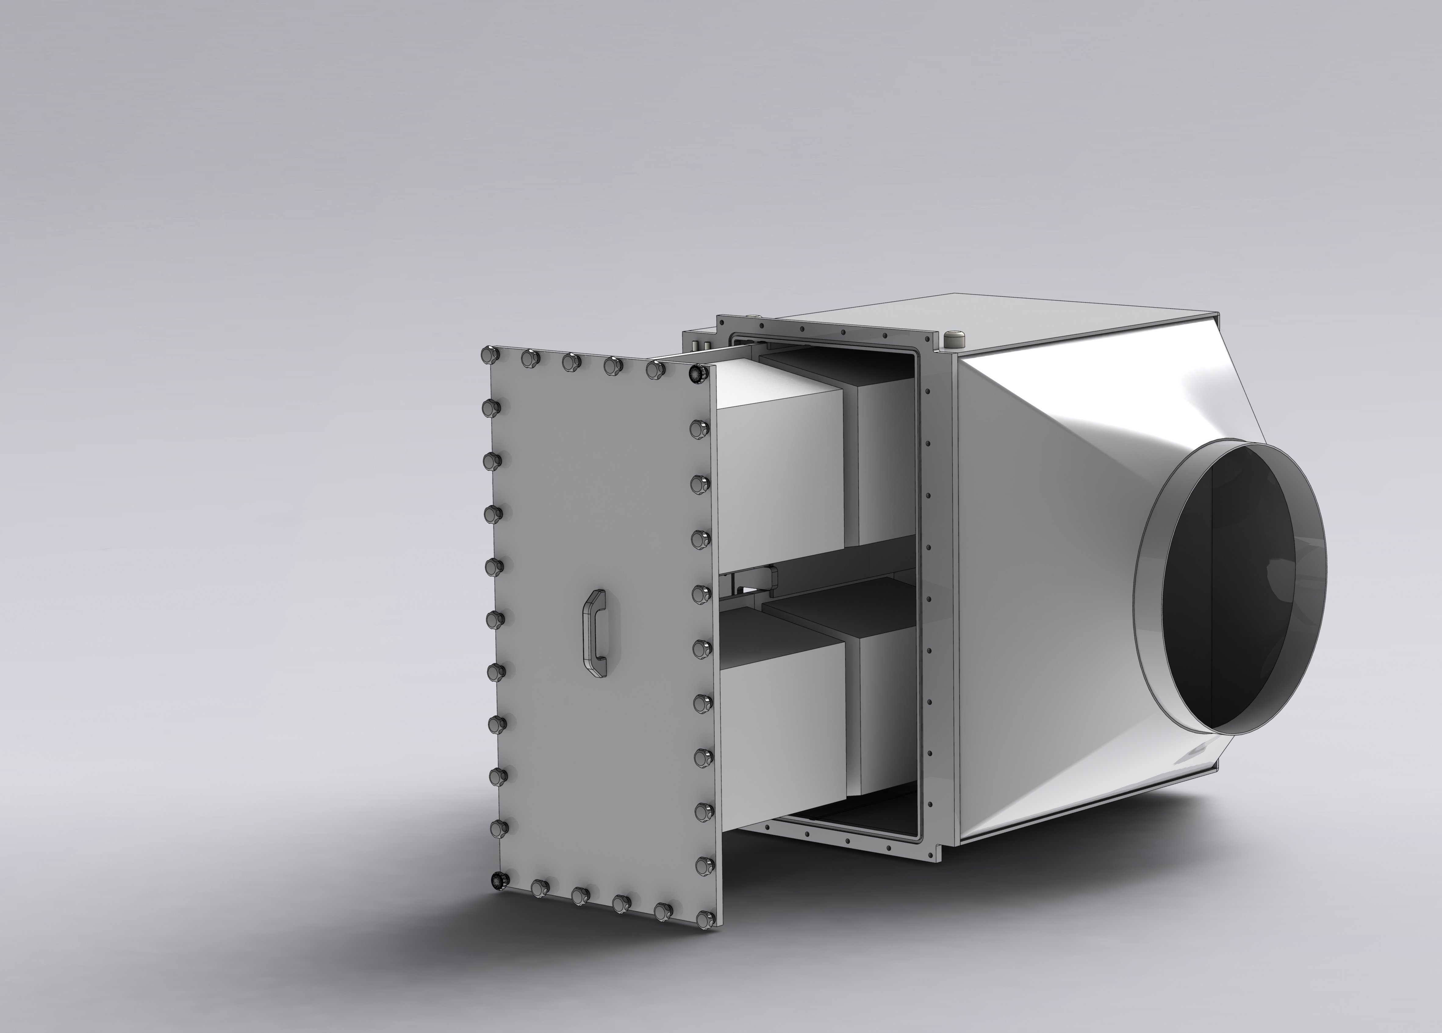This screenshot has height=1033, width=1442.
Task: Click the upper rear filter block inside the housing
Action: (884, 458)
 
